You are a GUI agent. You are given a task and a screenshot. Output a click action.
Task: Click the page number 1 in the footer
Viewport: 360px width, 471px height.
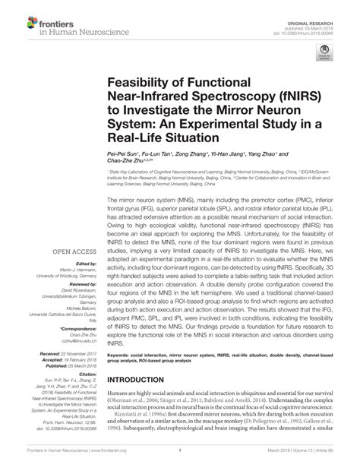[x=178, y=463]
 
